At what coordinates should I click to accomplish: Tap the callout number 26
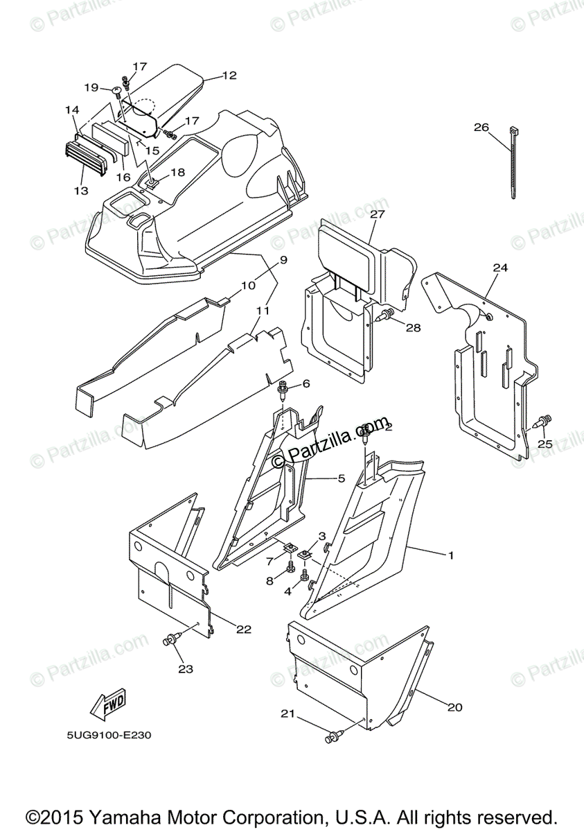click(x=500, y=127)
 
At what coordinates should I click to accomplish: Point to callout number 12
click(x=229, y=76)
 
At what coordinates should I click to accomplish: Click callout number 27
click(x=377, y=214)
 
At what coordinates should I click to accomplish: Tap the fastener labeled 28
click(x=385, y=316)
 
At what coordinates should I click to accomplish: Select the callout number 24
click(x=500, y=267)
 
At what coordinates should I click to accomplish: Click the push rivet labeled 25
click(x=545, y=420)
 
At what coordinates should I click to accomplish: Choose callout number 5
click(x=341, y=478)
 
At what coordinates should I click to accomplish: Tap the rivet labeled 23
click(x=171, y=641)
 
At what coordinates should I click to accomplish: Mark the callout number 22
click(x=243, y=629)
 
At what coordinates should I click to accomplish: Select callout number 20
click(x=454, y=707)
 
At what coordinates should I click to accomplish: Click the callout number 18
click(x=177, y=172)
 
